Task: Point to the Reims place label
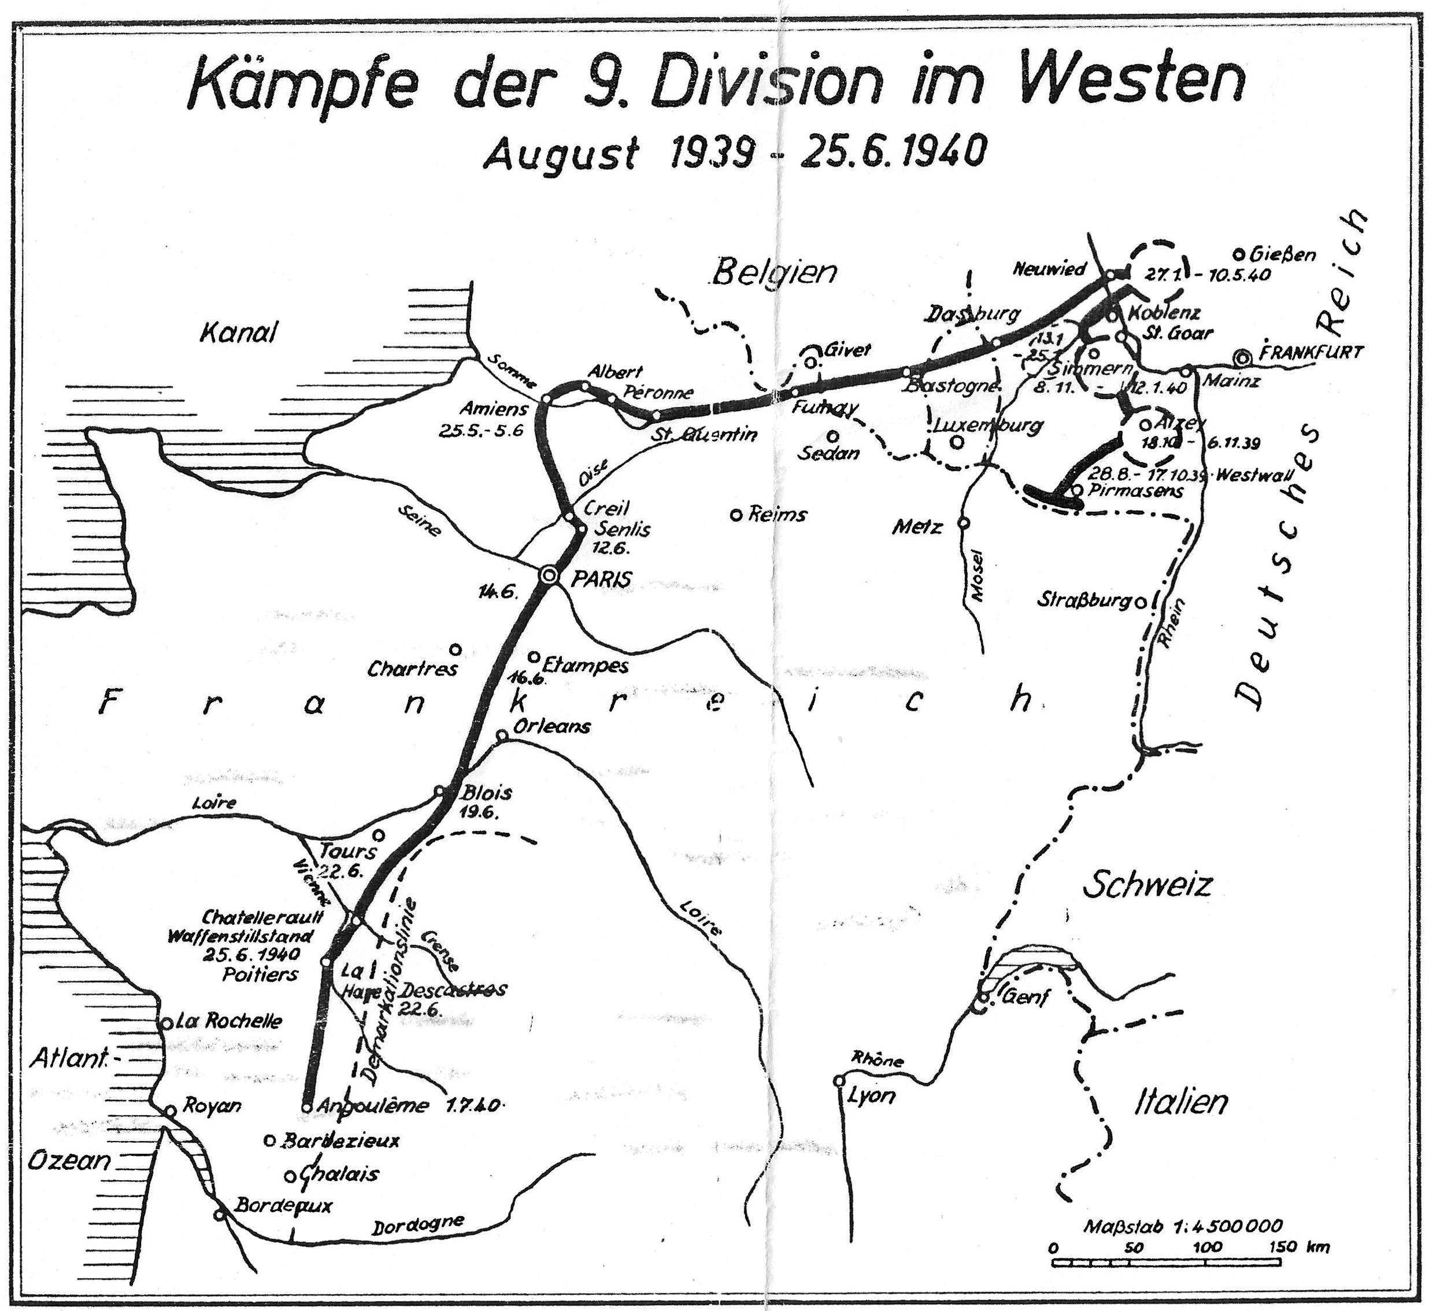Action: [x=778, y=514]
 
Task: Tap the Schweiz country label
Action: [x=1147, y=885]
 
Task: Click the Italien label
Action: [x=1181, y=1102]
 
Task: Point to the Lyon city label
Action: [x=871, y=1096]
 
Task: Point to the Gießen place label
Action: [x=1284, y=254]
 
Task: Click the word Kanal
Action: [x=239, y=333]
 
